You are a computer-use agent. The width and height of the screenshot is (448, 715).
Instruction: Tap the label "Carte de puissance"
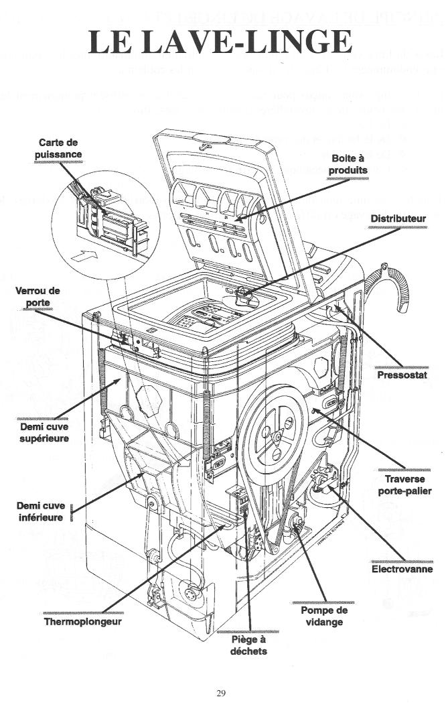pyautogui.click(x=60, y=149)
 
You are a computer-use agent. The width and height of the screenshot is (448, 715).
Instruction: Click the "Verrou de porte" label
pyautogui.click(x=38, y=296)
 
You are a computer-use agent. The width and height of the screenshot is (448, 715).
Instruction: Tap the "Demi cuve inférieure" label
pyautogui.click(x=40, y=511)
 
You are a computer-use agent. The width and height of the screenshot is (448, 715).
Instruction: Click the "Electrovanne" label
pyautogui.click(x=402, y=570)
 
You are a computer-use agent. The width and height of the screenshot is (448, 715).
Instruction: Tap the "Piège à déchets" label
pyautogui.click(x=244, y=645)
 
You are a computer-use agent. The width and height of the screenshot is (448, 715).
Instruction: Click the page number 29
pyautogui.click(x=221, y=693)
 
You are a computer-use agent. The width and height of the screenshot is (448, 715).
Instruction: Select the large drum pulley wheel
pyautogui.click(x=275, y=436)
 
